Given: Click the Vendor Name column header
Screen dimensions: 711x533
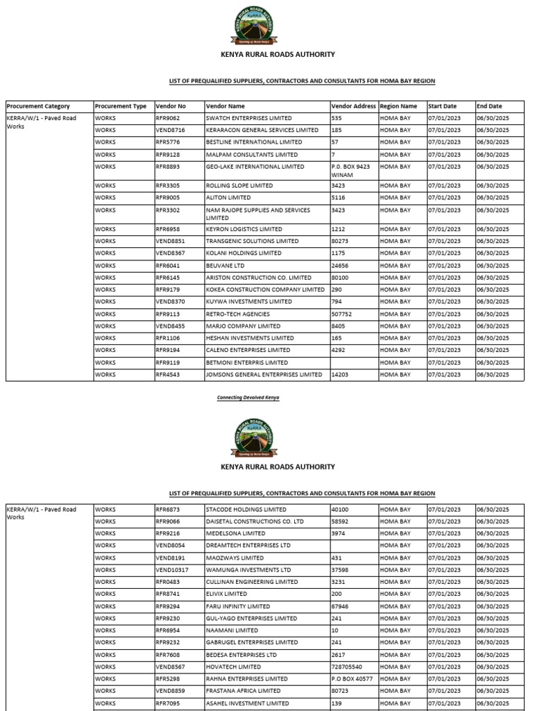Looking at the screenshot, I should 226,106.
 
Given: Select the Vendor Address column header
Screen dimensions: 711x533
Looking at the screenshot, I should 353,106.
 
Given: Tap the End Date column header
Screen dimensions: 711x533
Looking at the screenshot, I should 489,106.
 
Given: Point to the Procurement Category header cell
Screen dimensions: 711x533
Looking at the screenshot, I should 38,106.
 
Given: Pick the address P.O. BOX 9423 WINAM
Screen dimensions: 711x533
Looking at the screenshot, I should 353,171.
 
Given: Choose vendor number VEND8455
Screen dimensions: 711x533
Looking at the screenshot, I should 171,326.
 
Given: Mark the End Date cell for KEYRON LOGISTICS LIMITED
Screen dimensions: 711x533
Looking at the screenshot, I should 493,229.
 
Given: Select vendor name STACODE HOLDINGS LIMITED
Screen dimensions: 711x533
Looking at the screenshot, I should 246,509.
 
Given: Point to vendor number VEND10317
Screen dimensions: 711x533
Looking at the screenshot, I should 172,570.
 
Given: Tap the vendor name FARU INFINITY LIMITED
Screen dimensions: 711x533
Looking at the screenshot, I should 238,606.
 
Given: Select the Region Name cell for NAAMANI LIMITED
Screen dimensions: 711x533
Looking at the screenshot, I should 395,630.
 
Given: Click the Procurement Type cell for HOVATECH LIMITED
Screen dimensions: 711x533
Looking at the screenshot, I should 105,667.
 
